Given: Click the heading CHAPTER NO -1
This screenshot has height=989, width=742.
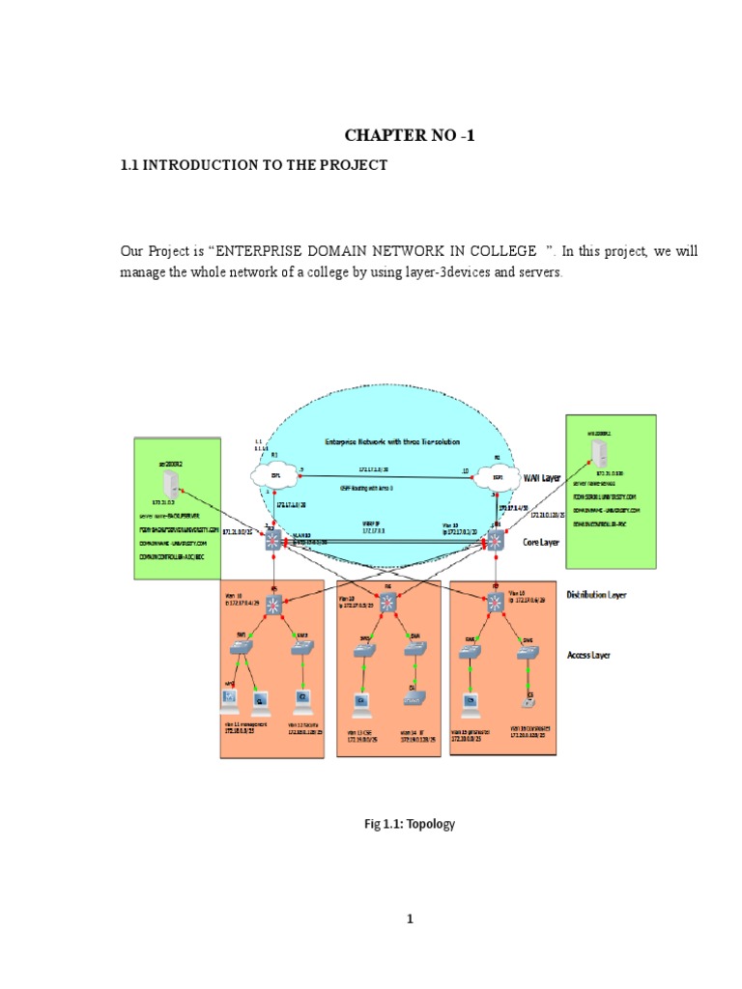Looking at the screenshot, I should (410, 136).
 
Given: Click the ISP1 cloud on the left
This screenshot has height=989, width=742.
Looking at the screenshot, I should (274, 474).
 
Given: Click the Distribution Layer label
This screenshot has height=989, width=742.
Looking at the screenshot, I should (595, 595).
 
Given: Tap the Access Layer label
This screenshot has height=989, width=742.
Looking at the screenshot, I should (588, 655).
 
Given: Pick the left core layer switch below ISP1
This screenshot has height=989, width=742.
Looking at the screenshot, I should (274, 541).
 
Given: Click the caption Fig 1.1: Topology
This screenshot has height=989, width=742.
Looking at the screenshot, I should (410, 824).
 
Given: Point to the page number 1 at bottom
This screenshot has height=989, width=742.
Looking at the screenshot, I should (410, 919).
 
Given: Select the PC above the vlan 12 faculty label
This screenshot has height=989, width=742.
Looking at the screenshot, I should (302, 697).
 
